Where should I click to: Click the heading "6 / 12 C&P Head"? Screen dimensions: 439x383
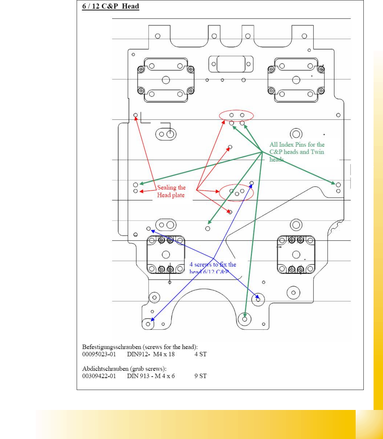point(110,6)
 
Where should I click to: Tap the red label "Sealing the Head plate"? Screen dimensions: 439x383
point(171,191)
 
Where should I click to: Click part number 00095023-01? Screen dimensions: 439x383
point(99,354)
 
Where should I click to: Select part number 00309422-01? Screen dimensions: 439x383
point(99,376)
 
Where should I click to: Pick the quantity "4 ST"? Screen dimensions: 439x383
point(200,354)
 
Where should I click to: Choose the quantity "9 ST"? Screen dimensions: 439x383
point(200,376)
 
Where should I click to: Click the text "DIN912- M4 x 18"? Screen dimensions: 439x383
point(151,354)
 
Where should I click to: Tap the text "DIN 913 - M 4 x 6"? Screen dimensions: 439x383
point(151,376)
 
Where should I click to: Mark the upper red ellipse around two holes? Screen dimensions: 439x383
point(236,115)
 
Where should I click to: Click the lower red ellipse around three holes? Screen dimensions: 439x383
point(236,192)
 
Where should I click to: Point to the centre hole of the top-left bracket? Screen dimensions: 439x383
point(166,80)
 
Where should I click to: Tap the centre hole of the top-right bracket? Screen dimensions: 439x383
point(296,80)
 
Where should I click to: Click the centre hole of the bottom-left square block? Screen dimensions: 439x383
point(166,254)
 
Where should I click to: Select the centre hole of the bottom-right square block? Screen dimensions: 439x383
point(296,254)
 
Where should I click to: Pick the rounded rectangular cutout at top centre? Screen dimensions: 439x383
point(231,64)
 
